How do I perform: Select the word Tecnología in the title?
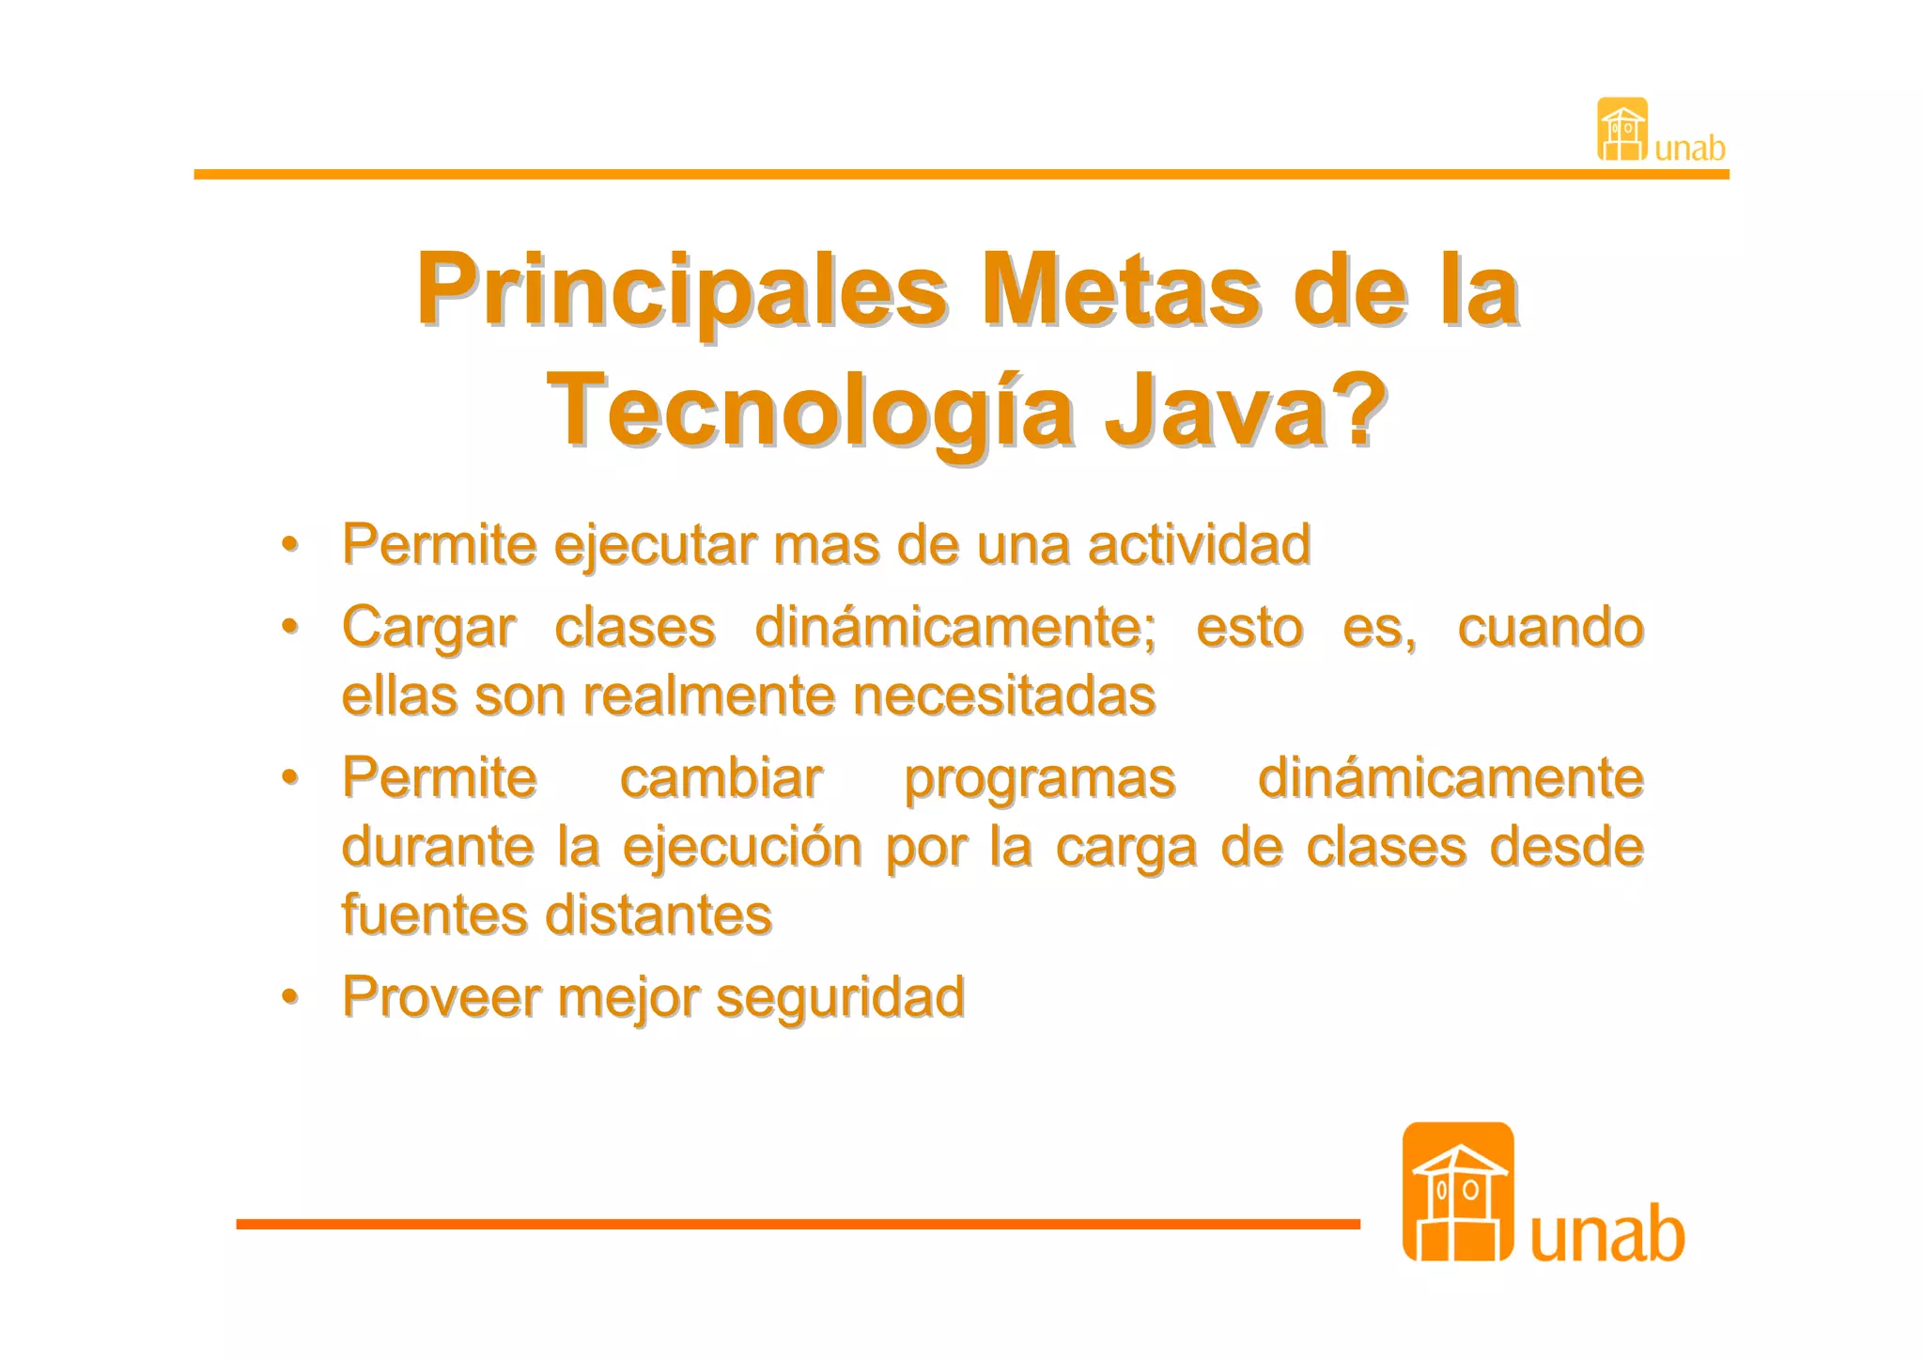click(810, 411)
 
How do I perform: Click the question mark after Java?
click(1355, 409)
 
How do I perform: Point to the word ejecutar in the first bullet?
click(655, 545)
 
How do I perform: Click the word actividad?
click(1199, 545)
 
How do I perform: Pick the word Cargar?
click(428, 628)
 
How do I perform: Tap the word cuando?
click(1549, 628)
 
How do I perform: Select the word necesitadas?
click(1003, 696)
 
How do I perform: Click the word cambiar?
click(721, 778)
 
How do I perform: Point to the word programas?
click(1039, 779)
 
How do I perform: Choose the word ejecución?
click(742, 848)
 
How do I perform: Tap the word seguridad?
click(840, 997)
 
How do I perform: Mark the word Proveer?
click(441, 997)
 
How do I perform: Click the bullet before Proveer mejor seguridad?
click(290, 996)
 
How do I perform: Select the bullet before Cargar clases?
click(290, 626)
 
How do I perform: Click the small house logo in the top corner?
click(1622, 130)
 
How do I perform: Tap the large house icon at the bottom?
click(1457, 1191)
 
